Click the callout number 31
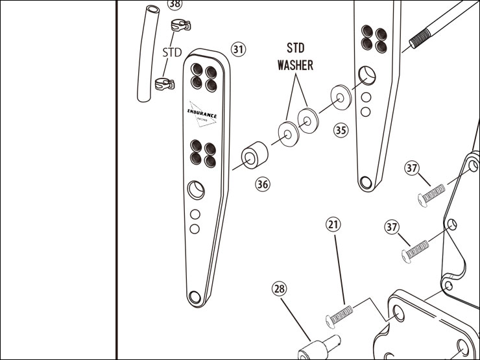click(x=239, y=50)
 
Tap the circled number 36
click(x=262, y=184)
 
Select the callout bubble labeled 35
click(x=341, y=130)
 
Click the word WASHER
click(x=295, y=66)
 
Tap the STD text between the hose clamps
click(x=172, y=53)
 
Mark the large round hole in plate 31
click(x=195, y=189)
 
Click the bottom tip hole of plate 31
click(x=194, y=296)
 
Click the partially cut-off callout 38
click(x=174, y=4)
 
